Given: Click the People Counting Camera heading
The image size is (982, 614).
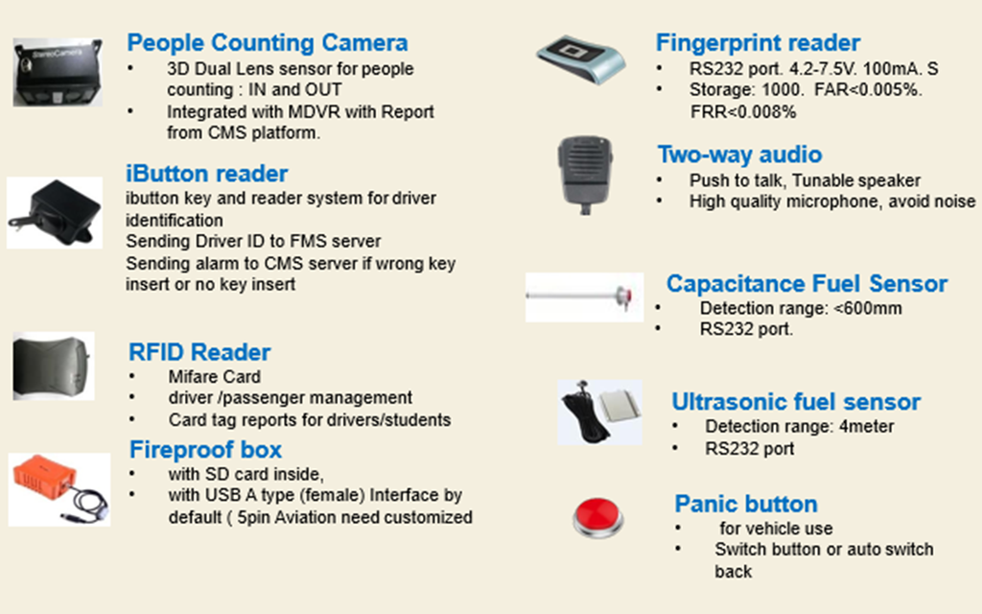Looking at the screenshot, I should pyautogui.click(x=267, y=43).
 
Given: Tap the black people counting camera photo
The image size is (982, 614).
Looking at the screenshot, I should pyautogui.click(x=57, y=72).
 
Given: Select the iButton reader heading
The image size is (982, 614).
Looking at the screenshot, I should pyautogui.click(x=206, y=174).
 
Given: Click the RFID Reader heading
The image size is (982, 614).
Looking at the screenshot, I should pyautogui.click(x=199, y=352).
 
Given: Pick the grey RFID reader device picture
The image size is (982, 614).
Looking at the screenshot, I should pyautogui.click(x=54, y=366).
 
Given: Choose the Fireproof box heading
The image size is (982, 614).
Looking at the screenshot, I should pyautogui.click(x=205, y=449).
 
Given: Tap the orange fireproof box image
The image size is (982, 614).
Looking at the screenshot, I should pyautogui.click(x=58, y=487).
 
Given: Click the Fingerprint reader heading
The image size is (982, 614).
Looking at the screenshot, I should pyautogui.click(x=758, y=43).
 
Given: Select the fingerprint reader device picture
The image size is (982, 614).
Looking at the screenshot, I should pyautogui.click(x=579, y=57).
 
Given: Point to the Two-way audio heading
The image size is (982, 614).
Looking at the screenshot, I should pyautogui.click(x=739, y=155).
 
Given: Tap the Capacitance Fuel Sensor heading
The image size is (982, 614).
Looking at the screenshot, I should pyautogui.click(x=807, y=284).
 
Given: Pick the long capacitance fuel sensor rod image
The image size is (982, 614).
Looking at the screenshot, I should pyautogui.click(x=583, y=296).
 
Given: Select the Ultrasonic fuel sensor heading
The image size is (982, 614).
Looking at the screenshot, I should pyautogui.click(x=796, y=402).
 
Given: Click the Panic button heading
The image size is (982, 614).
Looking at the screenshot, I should pyautogui.click(x=746, y=504).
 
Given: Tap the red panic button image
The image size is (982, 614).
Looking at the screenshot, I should pyautogui.click(x=598, y=517).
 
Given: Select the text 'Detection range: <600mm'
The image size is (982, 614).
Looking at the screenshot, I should pyautogui.click(x=801, y=308).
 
